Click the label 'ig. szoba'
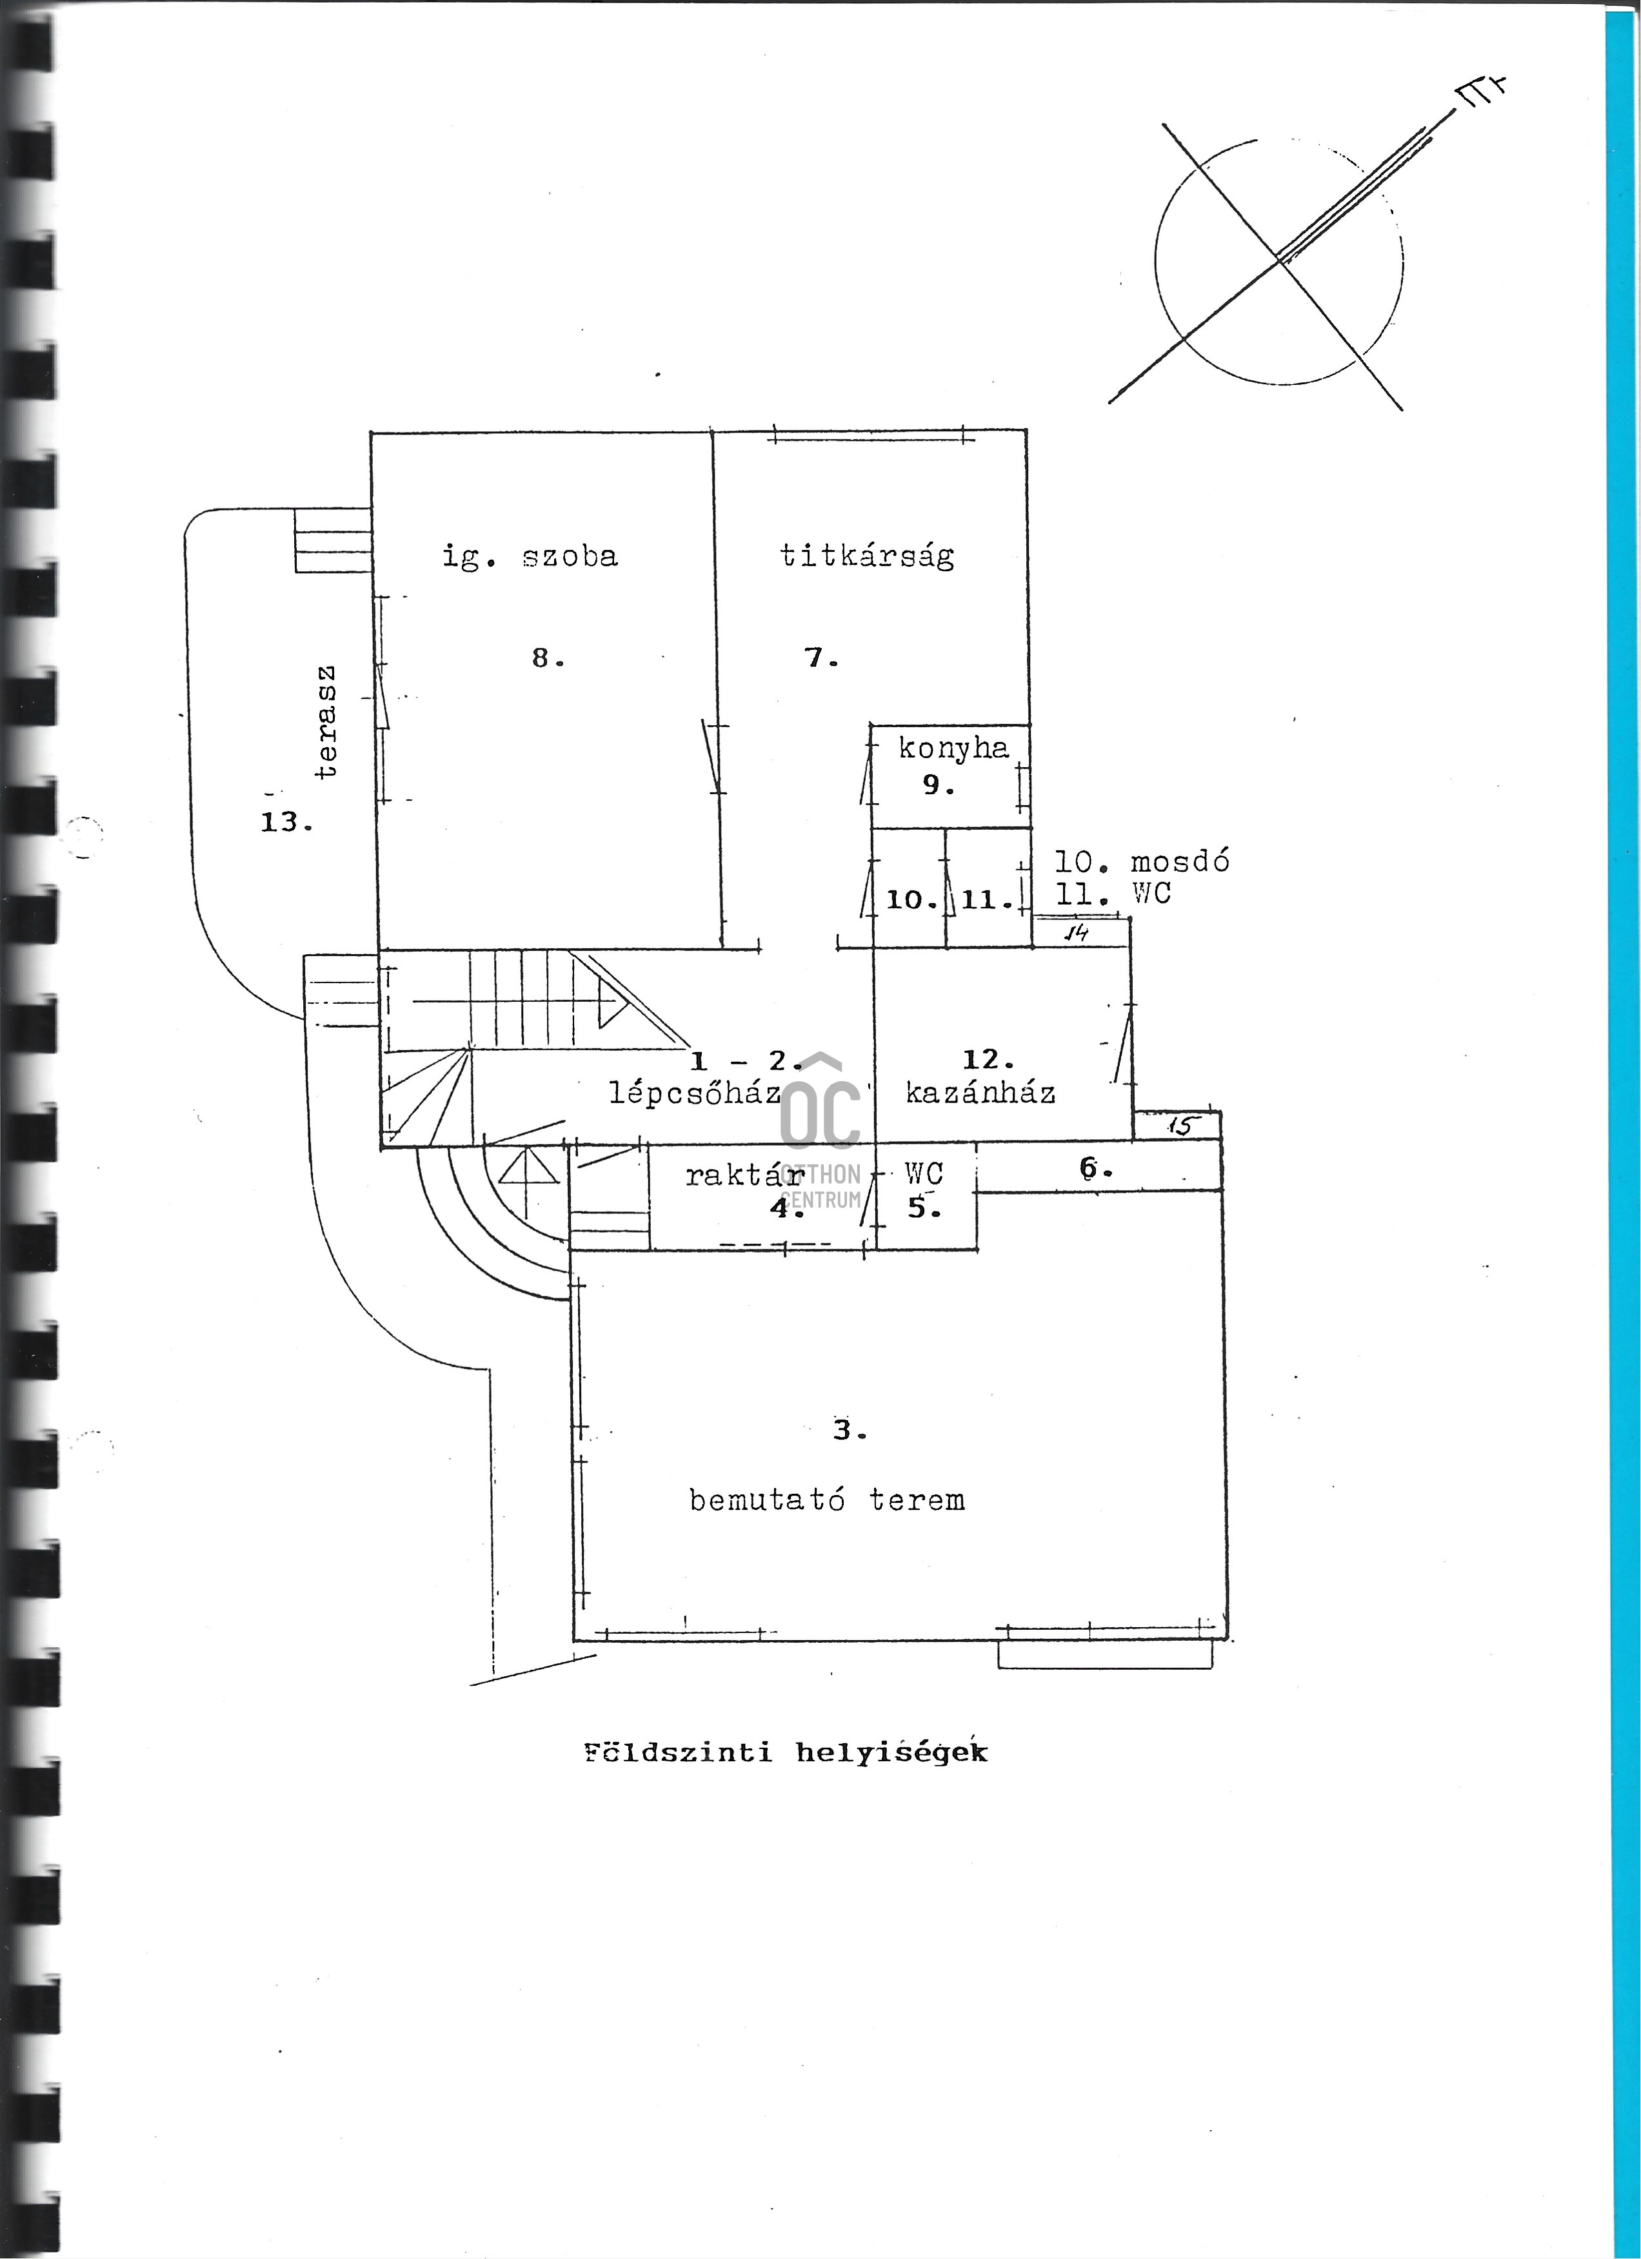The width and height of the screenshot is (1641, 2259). [530, 557]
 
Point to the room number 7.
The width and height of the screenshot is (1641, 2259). [822, 658]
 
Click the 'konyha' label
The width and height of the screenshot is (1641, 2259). [953, 748]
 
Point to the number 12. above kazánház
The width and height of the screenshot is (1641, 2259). [988, 1060]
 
